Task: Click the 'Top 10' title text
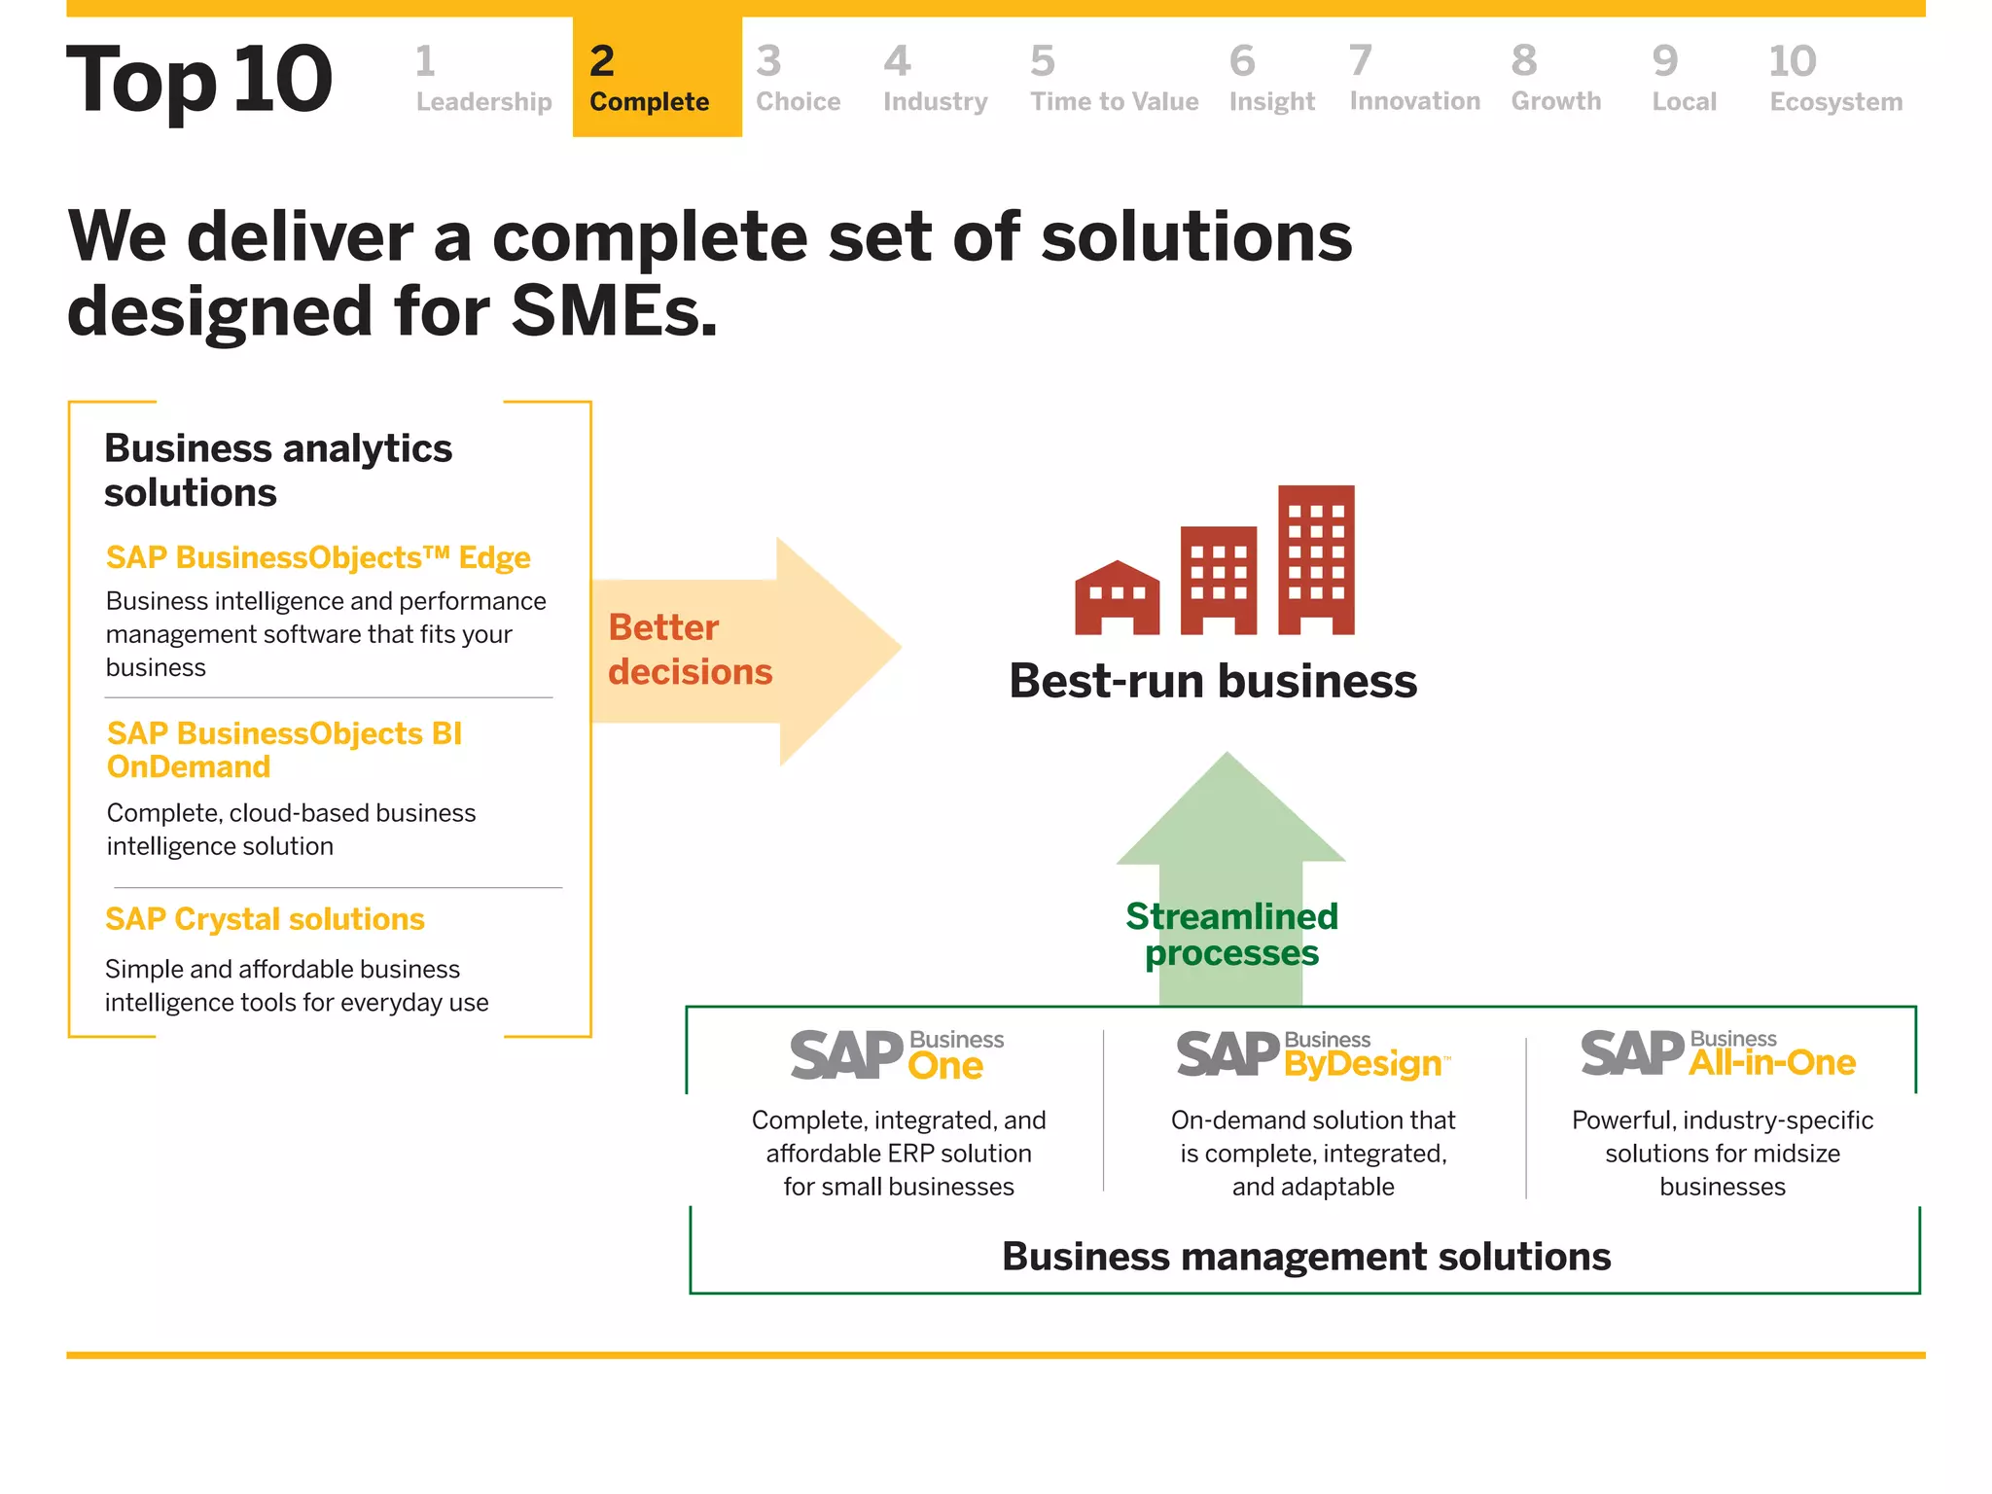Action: pyautogui.click(x=199, y=80)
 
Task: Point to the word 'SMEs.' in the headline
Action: pyautogui.click(x=614, y=311)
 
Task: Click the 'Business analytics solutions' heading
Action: pyautogui.click(x=278, y=470)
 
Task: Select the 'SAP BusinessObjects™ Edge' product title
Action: pyautogui.click(x=318, y=557)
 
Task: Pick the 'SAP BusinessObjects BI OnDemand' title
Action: pyautogui.click(x=284, y=749)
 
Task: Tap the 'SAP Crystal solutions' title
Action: pyautogui.click(x=265, y=919)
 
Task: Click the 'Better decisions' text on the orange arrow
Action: pyautogui.click(x=690, y=650)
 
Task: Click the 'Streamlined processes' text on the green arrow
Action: pyautogui.click(x=1231, y=935)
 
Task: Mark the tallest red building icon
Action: pyautogui.click(x=1316, y=559)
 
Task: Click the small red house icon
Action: pyautogui.click(x=1117, y=598)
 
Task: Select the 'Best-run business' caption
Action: pyautogui.click(x=1213, y=681)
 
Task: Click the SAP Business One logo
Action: pyautogui.click(x=897, y=1055)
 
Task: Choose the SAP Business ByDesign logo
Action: pyautogui.click(x=1312, y=1055)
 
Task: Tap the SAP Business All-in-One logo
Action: pyautogui.click(x=1718, y=1054)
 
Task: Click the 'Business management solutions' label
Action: pyautogui.click(x=1305, y=1257)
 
